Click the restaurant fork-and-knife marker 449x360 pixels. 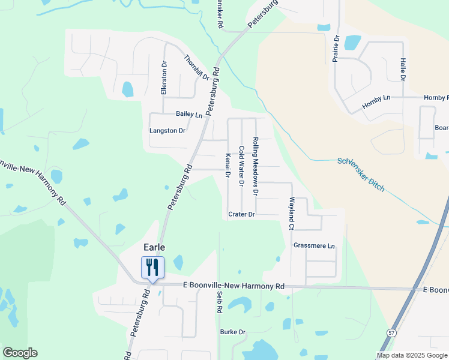[x=152, y=267]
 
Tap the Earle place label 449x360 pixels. [x=154, y=247]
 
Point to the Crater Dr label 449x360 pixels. [x=242, y=214]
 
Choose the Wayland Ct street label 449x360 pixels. [x=292, y=214]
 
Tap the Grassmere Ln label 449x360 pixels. [x=313, y=245]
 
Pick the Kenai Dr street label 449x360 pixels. [x=228, y=166]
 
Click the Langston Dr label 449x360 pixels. [x=167, y=130]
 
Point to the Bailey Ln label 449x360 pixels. [x=189, y=114]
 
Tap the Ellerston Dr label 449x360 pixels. [x=163, y=77]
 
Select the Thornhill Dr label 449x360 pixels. [x=196, y=68]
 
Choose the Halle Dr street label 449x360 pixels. [x=403, y=69]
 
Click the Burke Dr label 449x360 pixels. [x=233, y=332]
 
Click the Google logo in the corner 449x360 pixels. [x=20, y=353]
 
